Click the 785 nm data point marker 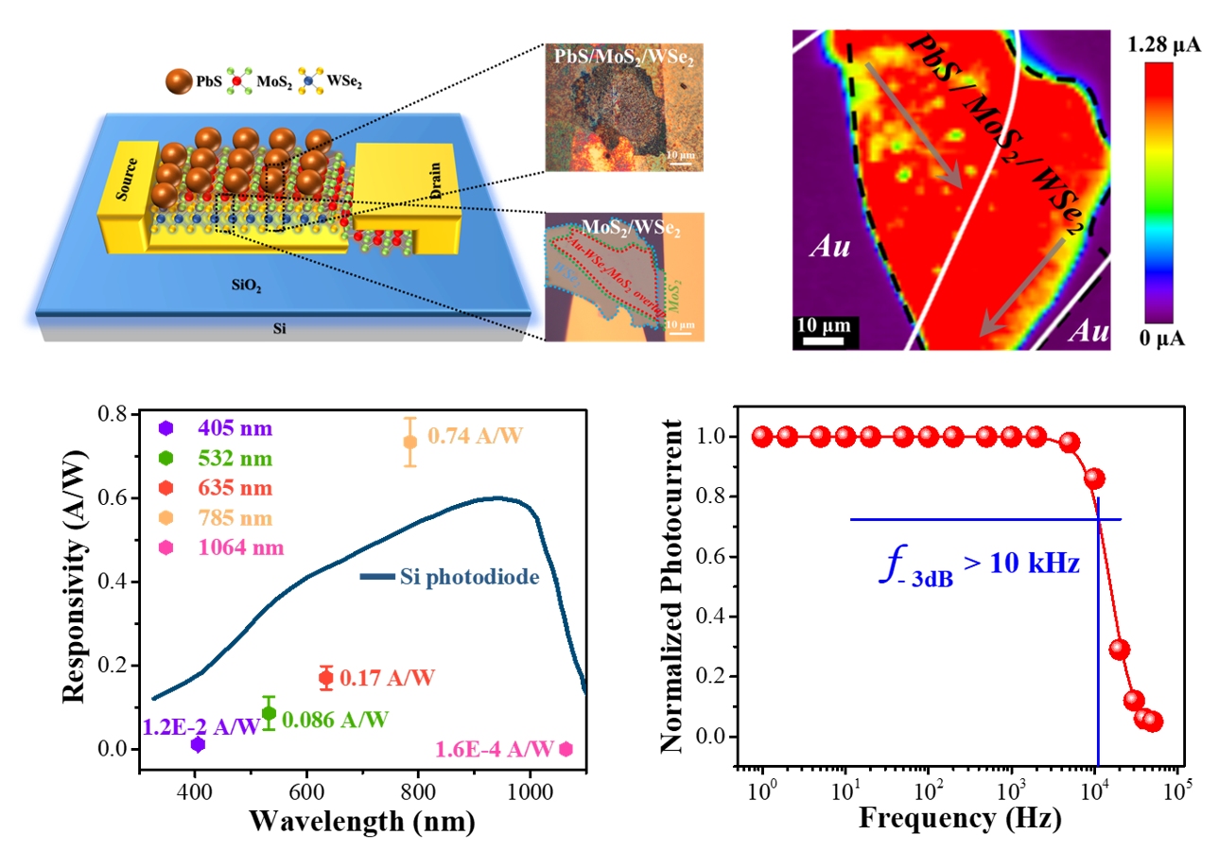[409, 441]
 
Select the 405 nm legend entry [231, 428]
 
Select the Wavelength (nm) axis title [362, 820]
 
